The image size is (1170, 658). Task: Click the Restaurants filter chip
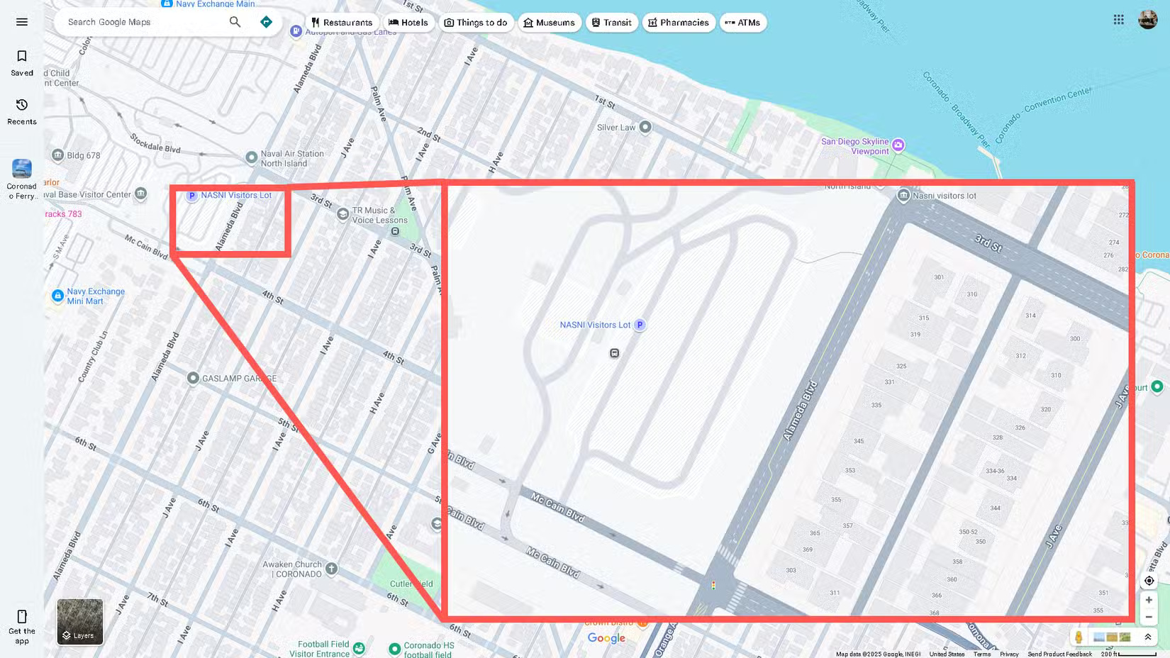point(342,23)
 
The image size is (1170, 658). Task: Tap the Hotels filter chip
point(408,23)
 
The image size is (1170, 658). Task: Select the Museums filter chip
point(550,23)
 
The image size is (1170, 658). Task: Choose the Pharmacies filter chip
point(679,23)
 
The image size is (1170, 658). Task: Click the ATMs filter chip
point(742,23)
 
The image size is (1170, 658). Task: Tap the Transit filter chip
point(611,23)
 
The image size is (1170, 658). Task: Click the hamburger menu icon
point(22,22)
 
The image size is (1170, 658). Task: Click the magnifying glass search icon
point(235,22)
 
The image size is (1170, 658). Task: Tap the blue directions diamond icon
point(266,22)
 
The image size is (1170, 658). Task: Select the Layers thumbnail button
point(80,622)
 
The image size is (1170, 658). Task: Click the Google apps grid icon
point(1118,20)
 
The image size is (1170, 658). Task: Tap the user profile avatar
point(1147,20)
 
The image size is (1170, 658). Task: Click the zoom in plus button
point(1149,600)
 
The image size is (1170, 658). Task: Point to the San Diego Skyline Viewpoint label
point(854,146)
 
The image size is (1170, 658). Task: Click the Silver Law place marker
point(645,128)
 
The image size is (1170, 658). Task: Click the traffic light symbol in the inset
point(713,586)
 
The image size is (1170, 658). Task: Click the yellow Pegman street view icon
point(1079,637)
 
